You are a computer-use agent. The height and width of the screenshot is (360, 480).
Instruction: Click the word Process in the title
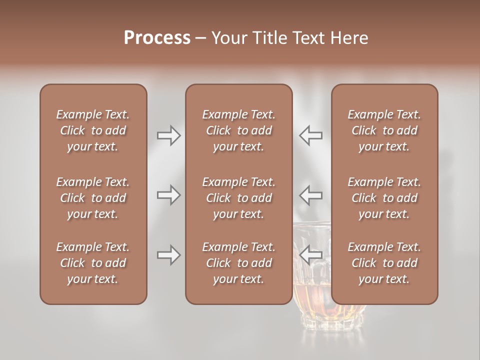[x=157, y=38]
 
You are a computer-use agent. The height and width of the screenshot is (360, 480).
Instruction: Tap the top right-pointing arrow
[x=168, y=135]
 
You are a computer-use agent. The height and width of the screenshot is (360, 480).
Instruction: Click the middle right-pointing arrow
[x=168, y=195]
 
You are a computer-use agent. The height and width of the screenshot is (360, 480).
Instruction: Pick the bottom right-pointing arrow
[x=168, y=255]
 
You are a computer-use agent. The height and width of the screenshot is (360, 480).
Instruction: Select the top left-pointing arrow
[x=311, y=135]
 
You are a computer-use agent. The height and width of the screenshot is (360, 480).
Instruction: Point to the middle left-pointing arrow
[x=311, y=195]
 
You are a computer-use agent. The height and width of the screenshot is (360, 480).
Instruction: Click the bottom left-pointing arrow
[x=311, y=255]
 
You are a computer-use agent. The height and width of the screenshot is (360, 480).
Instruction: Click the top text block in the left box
[x=93, y=130]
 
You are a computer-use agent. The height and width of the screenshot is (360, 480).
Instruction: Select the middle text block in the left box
[x=93, y=198]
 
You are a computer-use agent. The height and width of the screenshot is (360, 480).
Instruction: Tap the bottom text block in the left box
[x=93, y=263]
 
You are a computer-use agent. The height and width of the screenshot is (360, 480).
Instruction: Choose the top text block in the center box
[x=239, y=130]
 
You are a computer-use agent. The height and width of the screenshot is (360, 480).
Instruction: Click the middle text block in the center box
[x=239, y=198]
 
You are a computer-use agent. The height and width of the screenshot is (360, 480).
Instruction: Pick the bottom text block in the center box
[x=239, y=263]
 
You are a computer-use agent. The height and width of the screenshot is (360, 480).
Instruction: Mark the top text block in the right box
[x=384, y=130]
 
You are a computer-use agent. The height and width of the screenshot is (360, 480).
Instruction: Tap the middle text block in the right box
[x=384, y=198]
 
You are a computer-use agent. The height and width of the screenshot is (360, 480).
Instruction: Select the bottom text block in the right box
[x=384, y=263]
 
